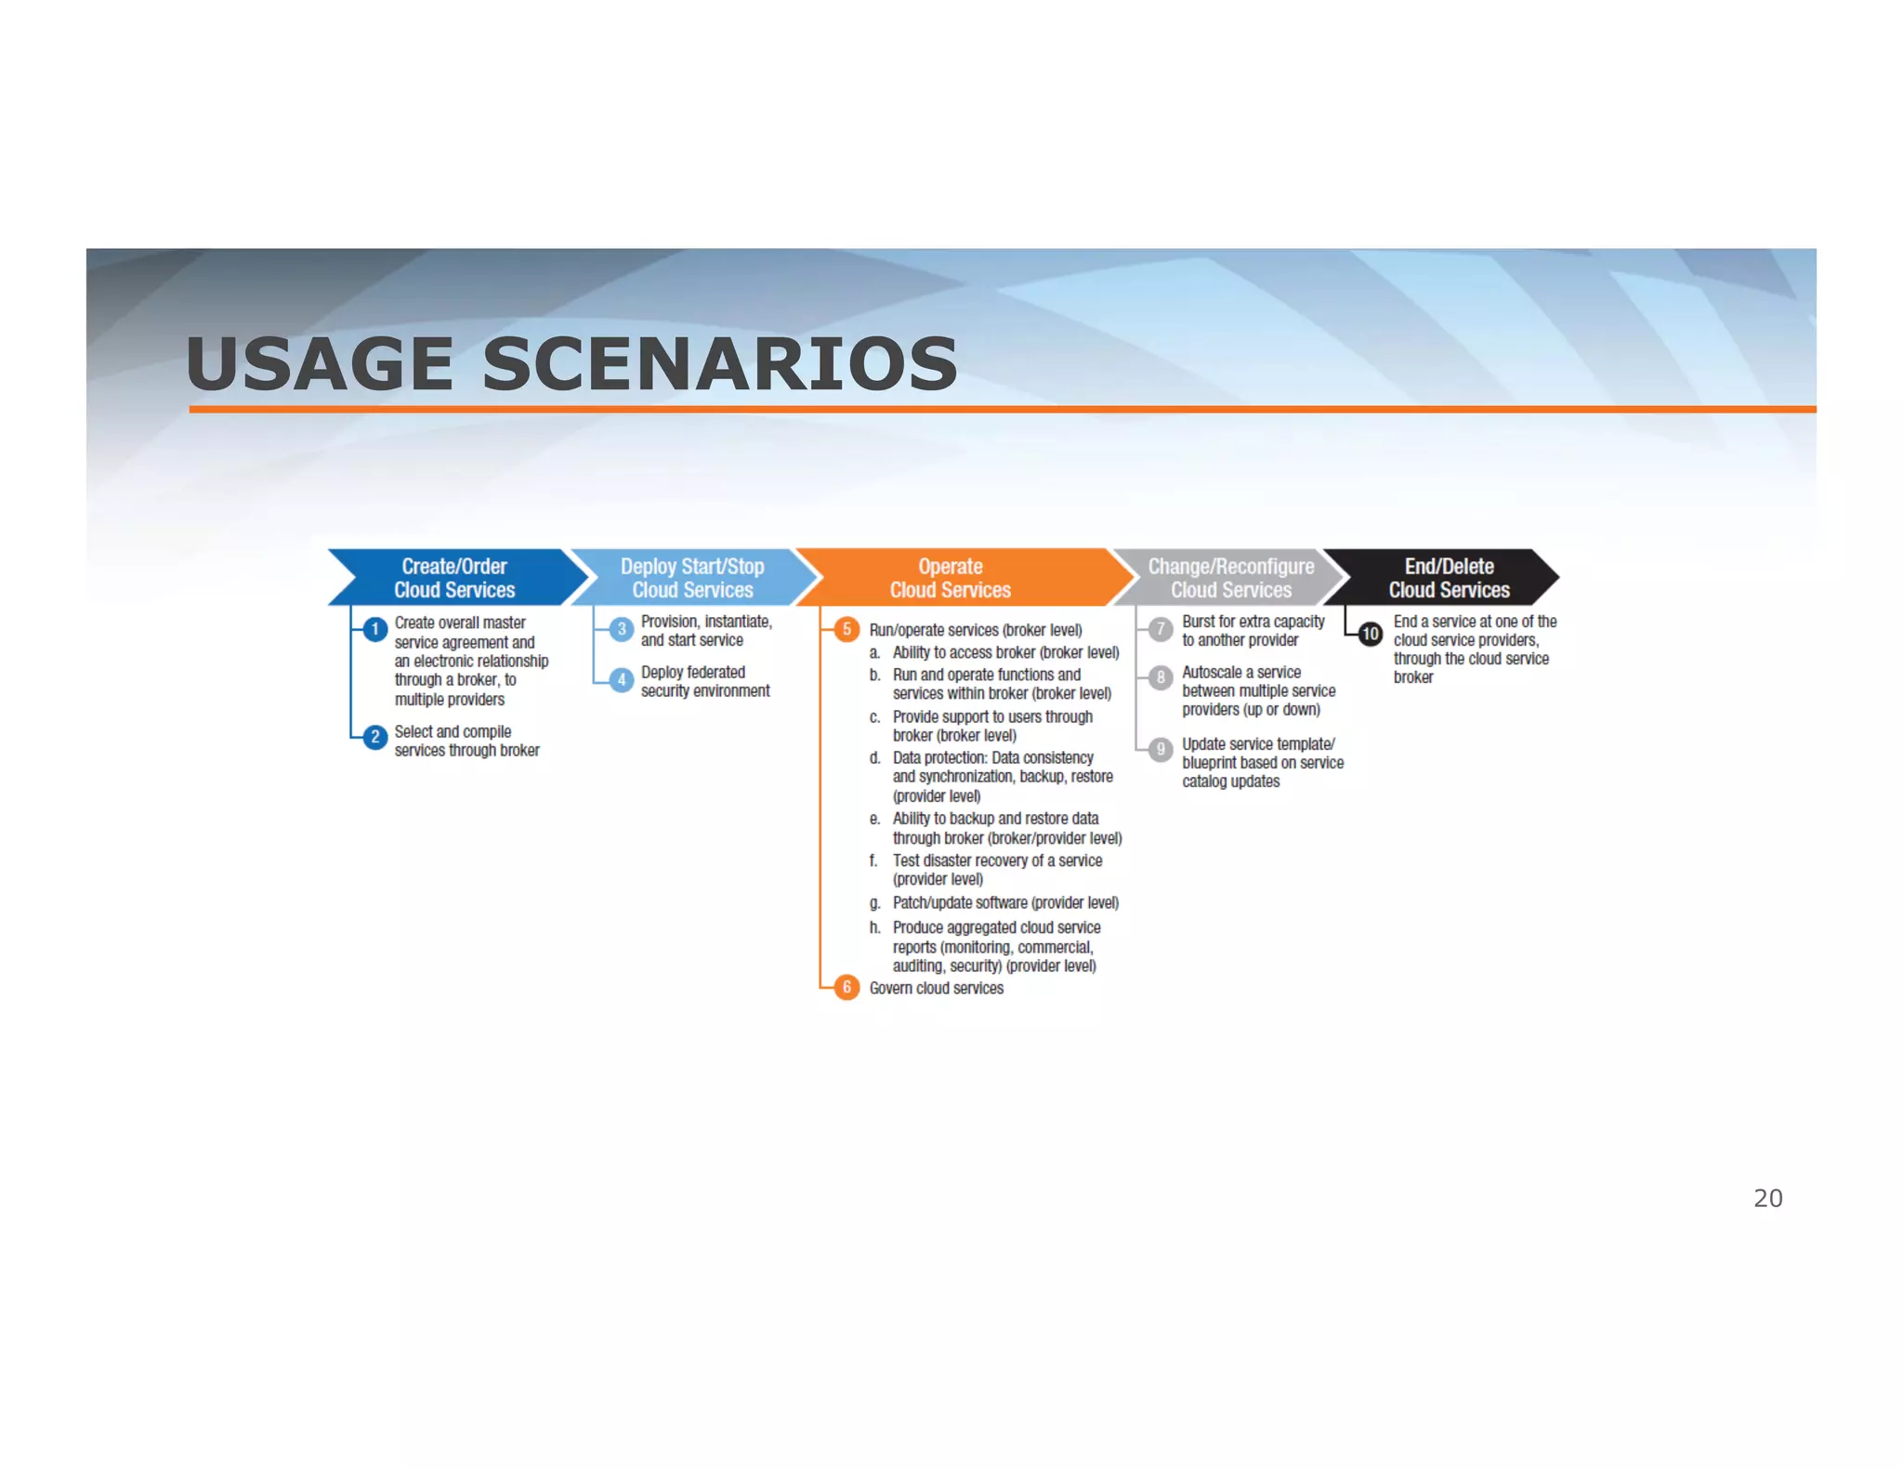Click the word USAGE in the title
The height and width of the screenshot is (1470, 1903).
[319, 363]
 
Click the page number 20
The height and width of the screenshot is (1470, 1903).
[1767, 1198]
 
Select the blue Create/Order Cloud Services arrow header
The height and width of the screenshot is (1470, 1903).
[454, 578]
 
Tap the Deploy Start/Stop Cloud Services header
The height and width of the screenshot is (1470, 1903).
[692, 578]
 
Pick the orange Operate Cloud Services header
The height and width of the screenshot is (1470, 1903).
[951, 578]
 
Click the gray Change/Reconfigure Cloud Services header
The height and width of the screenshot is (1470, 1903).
[1230, 578]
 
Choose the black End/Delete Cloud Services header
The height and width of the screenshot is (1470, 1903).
[1449, 578]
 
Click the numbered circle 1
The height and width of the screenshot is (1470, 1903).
[375, 630]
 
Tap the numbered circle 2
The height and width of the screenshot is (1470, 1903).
[375, 738]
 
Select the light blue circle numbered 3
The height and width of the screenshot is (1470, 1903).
[622, 629]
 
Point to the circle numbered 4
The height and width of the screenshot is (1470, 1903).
[622, 680]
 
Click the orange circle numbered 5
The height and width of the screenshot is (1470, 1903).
[847, 629]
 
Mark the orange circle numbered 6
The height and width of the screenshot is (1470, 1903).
[847, 987]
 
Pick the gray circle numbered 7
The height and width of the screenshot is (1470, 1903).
[1161, 629]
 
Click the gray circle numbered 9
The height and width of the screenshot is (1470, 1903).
[1161, 749]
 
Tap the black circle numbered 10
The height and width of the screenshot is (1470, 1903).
[1371, 634]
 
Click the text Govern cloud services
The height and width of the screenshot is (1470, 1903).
[936, 988]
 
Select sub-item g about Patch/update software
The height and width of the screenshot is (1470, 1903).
[1004, 902]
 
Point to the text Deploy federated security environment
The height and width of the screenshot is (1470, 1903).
[704, 681]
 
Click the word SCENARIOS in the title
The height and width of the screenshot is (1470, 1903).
[719, 363]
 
